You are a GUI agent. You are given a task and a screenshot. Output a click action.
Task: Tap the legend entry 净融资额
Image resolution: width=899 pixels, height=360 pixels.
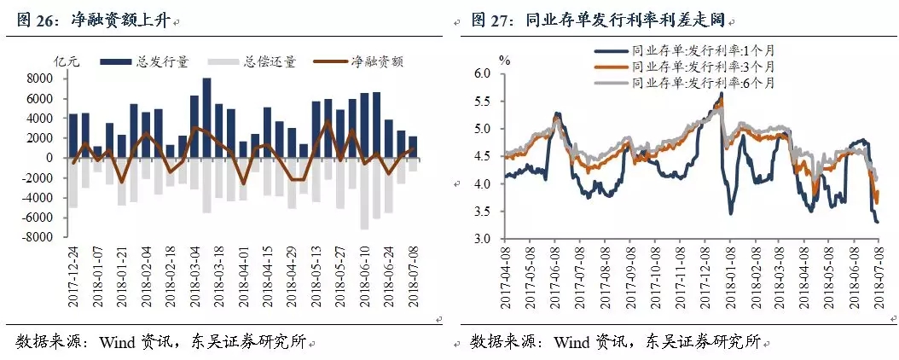[x=376, y=61]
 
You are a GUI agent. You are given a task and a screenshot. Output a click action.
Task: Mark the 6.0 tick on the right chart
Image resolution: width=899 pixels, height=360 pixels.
[x=484, y=74]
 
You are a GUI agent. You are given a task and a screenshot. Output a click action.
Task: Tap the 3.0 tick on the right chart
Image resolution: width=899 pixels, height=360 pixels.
[x=484, y=239]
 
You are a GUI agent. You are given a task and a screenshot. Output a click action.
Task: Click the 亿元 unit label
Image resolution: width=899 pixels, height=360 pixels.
[x=67, y=61]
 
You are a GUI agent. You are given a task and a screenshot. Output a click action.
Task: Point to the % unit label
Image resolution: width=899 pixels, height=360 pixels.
[x=504, y=60]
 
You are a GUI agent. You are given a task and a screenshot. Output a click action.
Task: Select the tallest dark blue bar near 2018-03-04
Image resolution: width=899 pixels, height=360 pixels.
[x=206, y=118]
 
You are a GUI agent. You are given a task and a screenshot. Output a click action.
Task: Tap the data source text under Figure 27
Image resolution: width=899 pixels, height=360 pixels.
[x=613, y=342]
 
